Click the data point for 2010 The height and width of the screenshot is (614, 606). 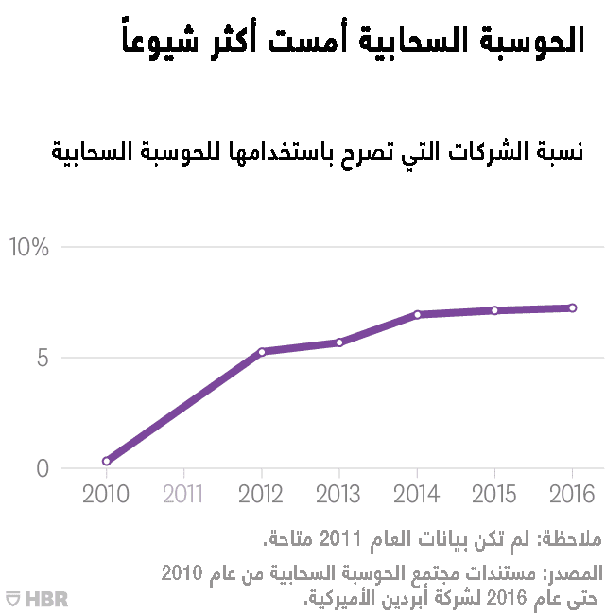coord(107,461)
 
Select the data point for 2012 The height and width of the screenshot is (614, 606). coord(262,352)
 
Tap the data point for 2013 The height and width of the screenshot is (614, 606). coord(339,342)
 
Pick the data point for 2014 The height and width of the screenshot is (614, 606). coord(417,314)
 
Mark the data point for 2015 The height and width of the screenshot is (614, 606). coord(494,310)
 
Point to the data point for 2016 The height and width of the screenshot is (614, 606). coord(572,307)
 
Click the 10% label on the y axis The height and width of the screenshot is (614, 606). coord(28,248)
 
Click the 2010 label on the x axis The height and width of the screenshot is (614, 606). coord(106,494)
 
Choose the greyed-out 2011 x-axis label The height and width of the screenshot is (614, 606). coord(183,494)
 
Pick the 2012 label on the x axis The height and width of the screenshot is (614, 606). coord(261,494)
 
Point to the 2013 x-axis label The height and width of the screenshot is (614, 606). coord(338,494)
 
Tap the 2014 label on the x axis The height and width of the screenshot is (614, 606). coord(417,494)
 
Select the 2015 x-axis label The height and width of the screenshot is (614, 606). coord(494,494)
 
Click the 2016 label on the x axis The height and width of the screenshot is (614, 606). coord(572,494)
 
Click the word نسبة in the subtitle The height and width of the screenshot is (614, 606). coord(560,150)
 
